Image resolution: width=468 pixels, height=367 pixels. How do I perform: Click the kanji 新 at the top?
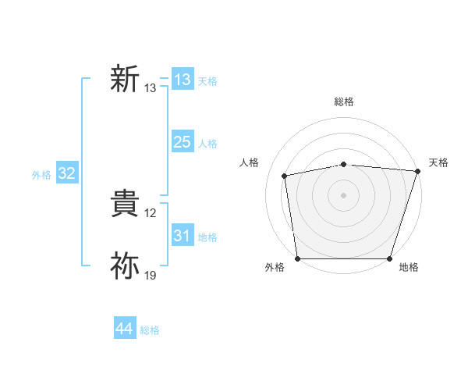tap(125, 80)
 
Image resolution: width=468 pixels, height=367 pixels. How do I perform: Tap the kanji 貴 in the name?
tap(125, 205)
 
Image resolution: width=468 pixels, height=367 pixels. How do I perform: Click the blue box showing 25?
tap(182, 142)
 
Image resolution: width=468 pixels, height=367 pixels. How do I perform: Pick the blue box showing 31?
tap(182, 236)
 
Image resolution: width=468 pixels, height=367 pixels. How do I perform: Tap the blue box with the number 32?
tap(66, 174)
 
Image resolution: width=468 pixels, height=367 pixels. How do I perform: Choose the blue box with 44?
tap(124, 329)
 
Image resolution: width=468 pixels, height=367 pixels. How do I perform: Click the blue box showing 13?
tap(182, 80)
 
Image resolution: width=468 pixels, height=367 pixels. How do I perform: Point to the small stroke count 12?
tap(151, 213)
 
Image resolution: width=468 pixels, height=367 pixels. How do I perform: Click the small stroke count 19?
tap(151, 276)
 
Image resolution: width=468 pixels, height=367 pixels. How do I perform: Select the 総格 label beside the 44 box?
tap(150, 330)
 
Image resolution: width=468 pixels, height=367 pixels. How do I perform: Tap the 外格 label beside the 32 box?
tap(41, 175)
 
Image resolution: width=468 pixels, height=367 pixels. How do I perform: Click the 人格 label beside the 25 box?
tap(207, 144)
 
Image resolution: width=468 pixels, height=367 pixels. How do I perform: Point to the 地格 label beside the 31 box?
tap(207, 237)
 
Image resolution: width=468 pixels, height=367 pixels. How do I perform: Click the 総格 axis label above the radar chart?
tap(344, 102)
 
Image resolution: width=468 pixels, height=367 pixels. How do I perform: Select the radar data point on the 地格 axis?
tap(390, 258)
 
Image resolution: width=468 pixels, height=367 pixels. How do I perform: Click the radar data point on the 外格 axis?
tap(297, 258)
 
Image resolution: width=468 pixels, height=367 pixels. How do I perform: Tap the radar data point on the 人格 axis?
tap(285, 176)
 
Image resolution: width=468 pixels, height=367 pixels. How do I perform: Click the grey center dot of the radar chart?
tap(344, 194)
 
